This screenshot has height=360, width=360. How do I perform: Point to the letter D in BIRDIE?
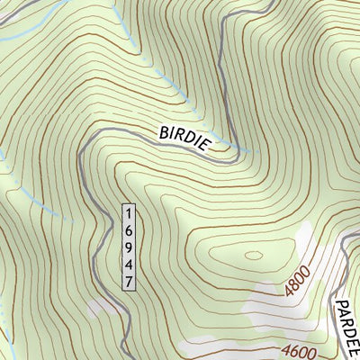(x=193, y=142)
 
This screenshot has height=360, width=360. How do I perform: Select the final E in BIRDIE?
(x=211, y=149)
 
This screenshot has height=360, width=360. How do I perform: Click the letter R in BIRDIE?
(x=183, y=138)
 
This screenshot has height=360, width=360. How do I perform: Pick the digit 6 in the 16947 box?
(x=129, y=230)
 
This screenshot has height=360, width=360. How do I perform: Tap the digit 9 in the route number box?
(x=129, y=247)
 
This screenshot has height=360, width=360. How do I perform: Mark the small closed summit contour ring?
(x=256, y=255)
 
